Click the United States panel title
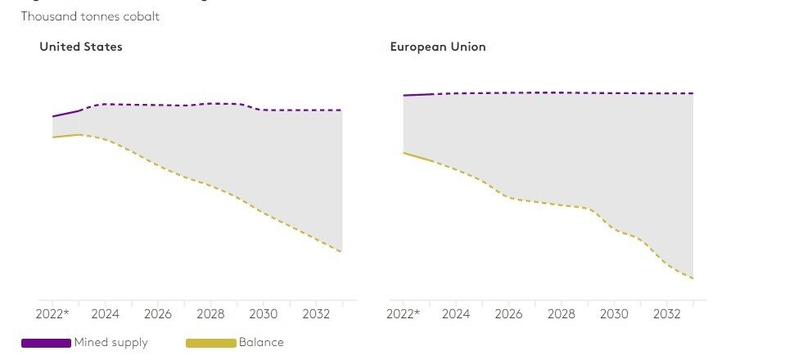tap(81, 47)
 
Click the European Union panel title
tap(437, 47)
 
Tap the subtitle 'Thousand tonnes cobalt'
tap(90, 16)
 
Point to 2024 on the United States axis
tap(106, 313)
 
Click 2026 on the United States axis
tap(158, 313)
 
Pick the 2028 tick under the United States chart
tap(210, 313)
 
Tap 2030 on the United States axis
tap(264, 313)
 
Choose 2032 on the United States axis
tap(316, 313)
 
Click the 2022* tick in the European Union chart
tap(403, 313)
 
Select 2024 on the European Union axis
tap(456, 313)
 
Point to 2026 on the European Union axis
tap(508, 313)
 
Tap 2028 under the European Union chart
tap(561, 313)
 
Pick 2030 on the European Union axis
tap(614, 313)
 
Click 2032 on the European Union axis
tap(666, 313)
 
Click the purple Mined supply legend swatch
tap(46, 343)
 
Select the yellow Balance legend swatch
tap(211, 343)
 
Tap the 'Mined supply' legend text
tap(111, 342)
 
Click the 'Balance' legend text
tap(260, 342)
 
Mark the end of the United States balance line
tap(341, 251)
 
